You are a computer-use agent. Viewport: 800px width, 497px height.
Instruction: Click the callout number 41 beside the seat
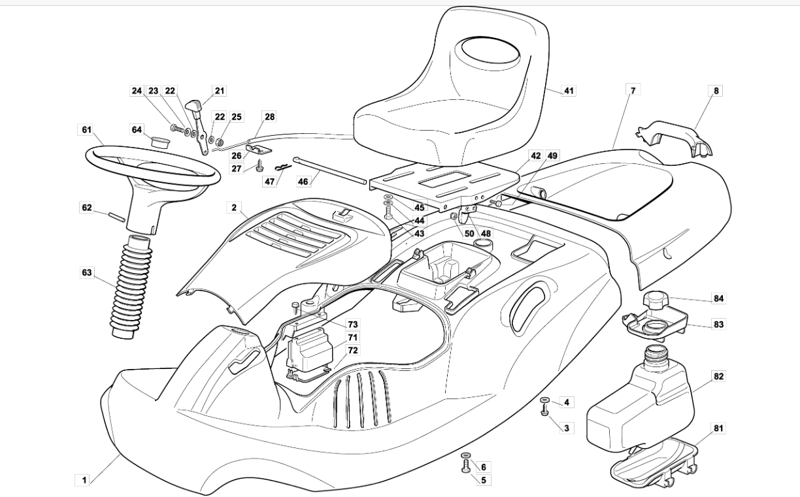[568, 91]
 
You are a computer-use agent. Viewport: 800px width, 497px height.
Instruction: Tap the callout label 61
[87, 129]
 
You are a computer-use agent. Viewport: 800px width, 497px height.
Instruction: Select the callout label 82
[718, 376]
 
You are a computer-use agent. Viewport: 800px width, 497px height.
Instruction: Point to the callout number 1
[84, 480]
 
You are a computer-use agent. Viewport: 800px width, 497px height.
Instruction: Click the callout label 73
[352, 325]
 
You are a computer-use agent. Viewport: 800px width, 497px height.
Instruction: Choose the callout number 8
[716, 91]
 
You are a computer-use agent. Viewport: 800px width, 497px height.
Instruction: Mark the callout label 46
[303, 182]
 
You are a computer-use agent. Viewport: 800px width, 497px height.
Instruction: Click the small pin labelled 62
[117, 217]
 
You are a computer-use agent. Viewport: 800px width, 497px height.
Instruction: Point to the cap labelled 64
[160, 141]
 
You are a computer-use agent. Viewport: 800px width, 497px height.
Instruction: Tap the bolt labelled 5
[466, 466]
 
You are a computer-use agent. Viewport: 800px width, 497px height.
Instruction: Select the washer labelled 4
[545, 400]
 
